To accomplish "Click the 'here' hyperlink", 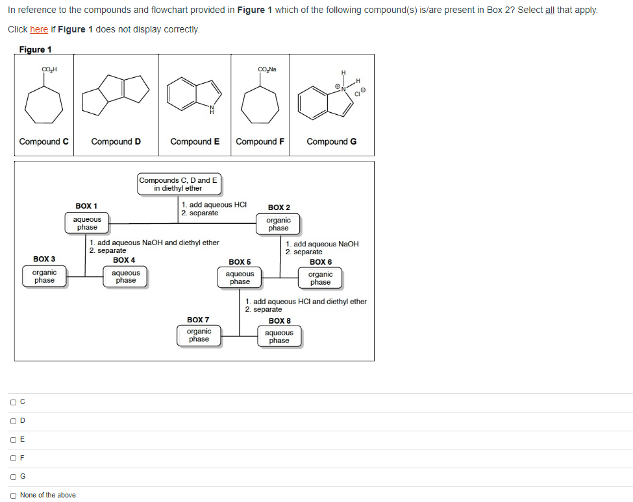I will pyautogui.click(x=39, y=30).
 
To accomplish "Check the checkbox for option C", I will pyautogui.click(x=13, y=402).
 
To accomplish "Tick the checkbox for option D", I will pyautogui.click(x=13, y=421).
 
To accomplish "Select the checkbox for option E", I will pyautogui.click(x=13, y=439).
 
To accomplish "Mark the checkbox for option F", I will pyautogui.click(x=13, y=458).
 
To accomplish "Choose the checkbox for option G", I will pyautogui.click(x=13, y=476).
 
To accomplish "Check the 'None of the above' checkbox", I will pyautogui.click(x=13, y=495).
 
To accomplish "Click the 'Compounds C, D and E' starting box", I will pyautogui.click(x=179, y=184).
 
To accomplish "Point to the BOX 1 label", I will pyautogui.click(x=86, y=206).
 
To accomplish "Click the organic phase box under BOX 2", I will pyautogui.click(x=278, y=224).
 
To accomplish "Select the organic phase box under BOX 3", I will pyautogui.click(x=44, y=277).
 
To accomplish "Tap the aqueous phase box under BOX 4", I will pyautogui.click(x=126, y=277).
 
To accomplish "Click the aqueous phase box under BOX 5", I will pyautogui.click(x=240, y=278).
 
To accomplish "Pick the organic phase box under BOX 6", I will pyautogui.click(x=320, y=278).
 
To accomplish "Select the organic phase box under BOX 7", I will pyautogui.click(x=199, y=335).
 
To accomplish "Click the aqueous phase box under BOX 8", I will pyautogui.click(x=279, y=337).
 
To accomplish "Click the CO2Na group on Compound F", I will pyautogui.click(x=266, y=69).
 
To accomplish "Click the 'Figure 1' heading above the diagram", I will pyautogui.click(x=35, y=50).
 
